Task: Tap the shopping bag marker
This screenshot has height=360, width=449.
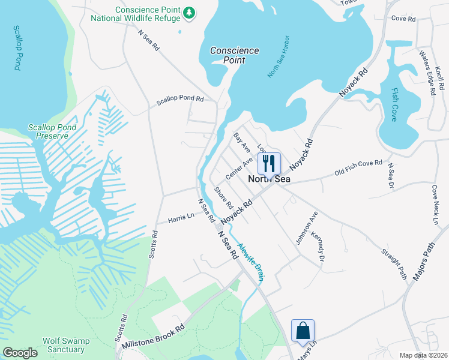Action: point(303,331)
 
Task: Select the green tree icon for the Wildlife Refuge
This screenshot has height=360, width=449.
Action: point(189,13)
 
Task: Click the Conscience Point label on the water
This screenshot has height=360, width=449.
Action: point(235,56)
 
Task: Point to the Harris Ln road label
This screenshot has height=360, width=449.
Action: point(181,216)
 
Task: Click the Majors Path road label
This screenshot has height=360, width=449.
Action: point(428,263)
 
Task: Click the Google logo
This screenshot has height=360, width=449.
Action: point(20,353)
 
